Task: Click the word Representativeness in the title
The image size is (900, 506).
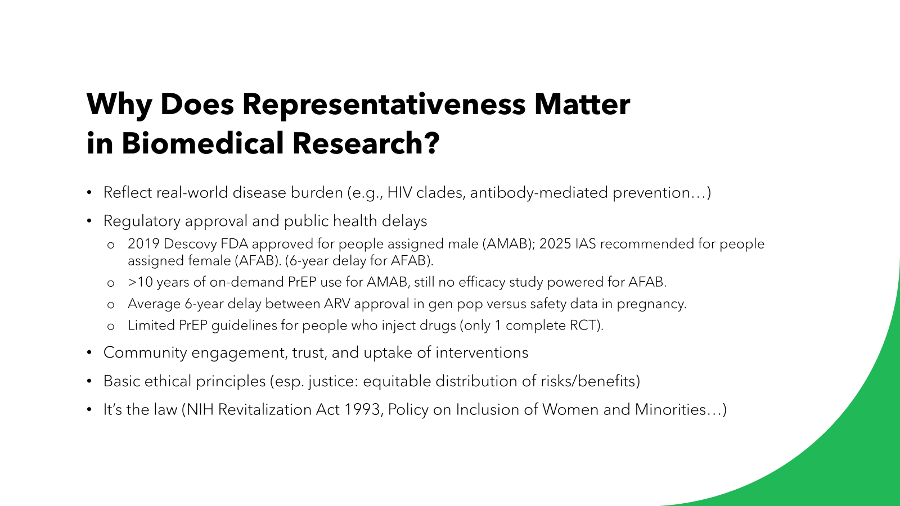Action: coord(384,105)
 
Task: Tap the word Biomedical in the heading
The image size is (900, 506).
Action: coord(203,143)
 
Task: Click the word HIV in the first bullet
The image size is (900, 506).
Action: coord(399,192)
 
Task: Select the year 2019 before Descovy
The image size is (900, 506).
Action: coord(144,244)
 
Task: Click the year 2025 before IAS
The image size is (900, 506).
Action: coord(555,244)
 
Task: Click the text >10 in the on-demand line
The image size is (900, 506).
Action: coord(140,282)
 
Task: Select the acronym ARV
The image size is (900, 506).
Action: coord(339,304)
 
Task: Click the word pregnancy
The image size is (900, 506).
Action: coord(651,304)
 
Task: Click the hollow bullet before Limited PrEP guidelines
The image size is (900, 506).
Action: coord(111,327)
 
